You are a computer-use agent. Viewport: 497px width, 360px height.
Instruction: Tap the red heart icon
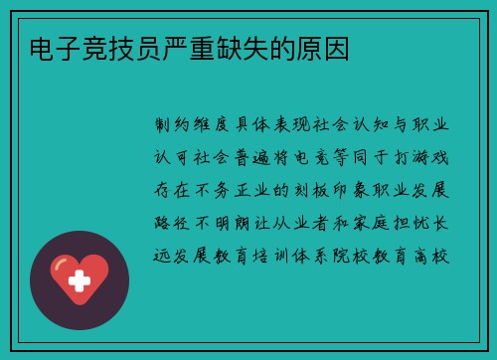[x=80, y=279]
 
